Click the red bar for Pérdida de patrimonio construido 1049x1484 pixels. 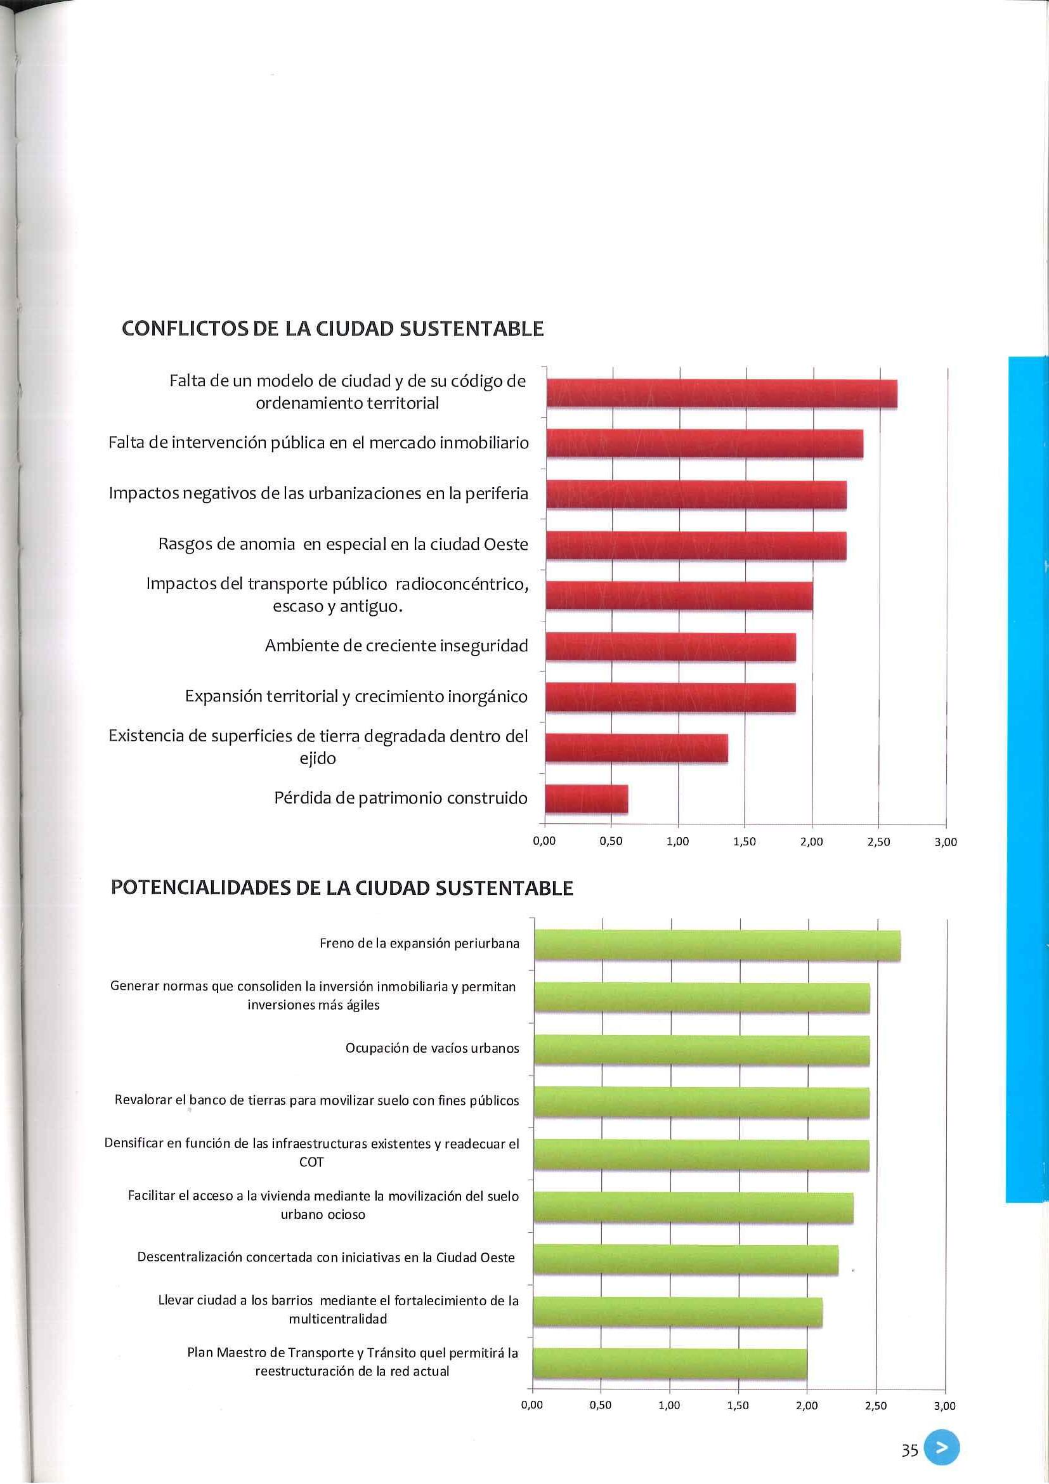pyautogui.click(x=586, y=799)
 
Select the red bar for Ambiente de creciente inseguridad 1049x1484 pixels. pyautogui.click(x=670, y=647)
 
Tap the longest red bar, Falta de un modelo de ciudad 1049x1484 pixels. pyautogui.click(x=721, y=394)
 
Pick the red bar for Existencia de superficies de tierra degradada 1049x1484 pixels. pyautogui.click(x=637, y=748)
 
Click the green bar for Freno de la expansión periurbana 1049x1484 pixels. pyautogui.click(x=717, y=945)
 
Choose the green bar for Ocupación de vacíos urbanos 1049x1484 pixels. pyautogui.click(x=701, y=1050)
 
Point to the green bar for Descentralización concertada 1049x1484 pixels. pyautogui.click(x=686, y=1259)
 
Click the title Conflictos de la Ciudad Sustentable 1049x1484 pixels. pyautogui.click(x=333, y=329)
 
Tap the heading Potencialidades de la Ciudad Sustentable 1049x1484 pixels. pyautogui.click(x=342, y=888)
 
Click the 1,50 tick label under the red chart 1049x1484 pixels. pyautogui.click(x=745, y=842)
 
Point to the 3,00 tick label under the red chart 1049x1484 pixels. pyautogui.click(x=946, y=842)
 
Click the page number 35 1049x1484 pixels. pyautogui.click(x=909, y=1451)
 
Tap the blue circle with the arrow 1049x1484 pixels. pyautogui.click(x=942, y=1449)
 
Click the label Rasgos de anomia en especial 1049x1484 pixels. pyautogui.click(x=343, y=544)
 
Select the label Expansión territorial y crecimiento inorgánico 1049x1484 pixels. pyautogui.click(x=356, y=697)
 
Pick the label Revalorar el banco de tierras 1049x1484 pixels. pyautogui.click(x=316, y=1100)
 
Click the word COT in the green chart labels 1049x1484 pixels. pyautogui.click(x=311, y=1161)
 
